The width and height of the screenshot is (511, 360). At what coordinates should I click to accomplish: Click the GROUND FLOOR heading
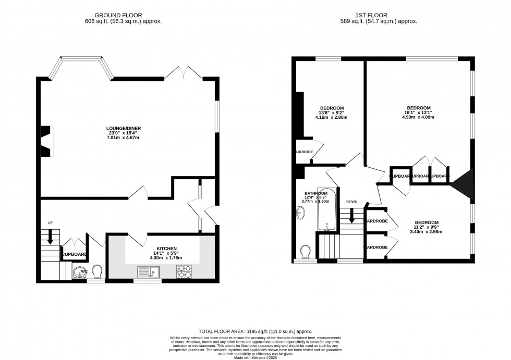tap(123, 15)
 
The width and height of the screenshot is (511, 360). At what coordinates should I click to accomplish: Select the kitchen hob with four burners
tap(184, 271)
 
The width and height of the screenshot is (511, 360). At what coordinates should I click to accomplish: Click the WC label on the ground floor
tap(83, 271)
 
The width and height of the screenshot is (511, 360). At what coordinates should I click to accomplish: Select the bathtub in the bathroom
tap(327, 209)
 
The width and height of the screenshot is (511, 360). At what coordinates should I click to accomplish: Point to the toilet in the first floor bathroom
tap(307, 252)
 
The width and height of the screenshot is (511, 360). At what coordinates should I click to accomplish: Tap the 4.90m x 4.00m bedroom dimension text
tap(419, 117)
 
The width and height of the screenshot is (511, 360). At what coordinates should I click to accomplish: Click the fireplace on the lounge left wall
tap(47, 141)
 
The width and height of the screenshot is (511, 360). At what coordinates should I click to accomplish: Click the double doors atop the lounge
tap(184, 73)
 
